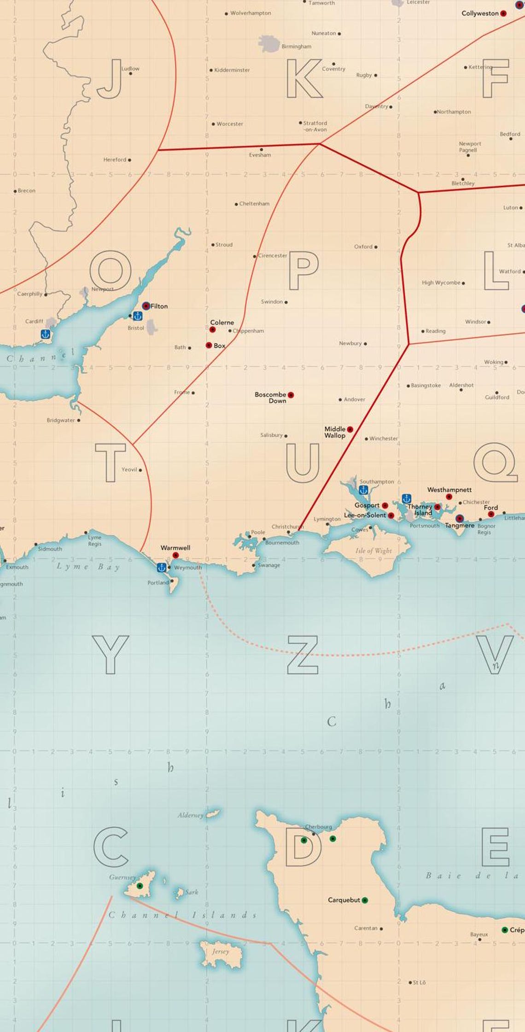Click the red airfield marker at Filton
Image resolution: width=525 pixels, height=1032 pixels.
click(146, 306)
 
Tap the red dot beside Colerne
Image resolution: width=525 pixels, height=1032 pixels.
click(212, 330)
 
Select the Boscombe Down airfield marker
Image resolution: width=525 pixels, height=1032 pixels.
click(291, 395)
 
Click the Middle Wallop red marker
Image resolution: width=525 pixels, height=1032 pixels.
click(350, 429)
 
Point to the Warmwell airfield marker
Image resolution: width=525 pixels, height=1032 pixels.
click(175, 556)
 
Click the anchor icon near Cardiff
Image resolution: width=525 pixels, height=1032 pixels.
click(45, 334)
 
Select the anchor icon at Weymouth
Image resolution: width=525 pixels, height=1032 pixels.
click(161, 568)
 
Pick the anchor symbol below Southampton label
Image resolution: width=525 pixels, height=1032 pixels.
click(363, 490)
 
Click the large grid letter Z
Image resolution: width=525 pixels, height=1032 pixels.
click(303, 655)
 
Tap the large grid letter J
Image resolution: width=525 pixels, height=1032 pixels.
click(110, 79)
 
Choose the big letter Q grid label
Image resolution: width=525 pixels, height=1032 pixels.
click(495, 462)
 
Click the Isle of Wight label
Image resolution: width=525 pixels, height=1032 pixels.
click(373, 551)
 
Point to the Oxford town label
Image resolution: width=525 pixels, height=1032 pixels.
click(363, 247)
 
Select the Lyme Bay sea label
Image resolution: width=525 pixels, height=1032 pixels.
click(88, 567)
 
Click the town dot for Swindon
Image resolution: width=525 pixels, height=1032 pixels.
click(286, 302)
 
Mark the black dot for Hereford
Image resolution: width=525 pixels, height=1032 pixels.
click(129, 160)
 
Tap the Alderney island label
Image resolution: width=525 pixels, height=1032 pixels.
click(190, 815)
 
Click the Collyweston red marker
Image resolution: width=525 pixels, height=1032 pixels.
click(503, 14)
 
